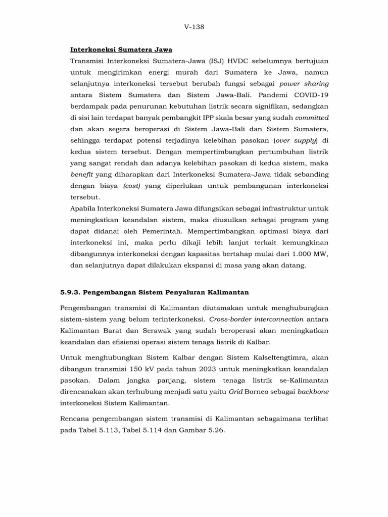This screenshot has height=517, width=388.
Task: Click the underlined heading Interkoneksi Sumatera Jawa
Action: [121, 49]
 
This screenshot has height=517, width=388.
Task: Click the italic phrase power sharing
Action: [304, 83]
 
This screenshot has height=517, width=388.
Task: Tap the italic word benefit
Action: [81, 174]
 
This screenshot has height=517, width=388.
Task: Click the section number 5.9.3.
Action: [70, 292]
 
